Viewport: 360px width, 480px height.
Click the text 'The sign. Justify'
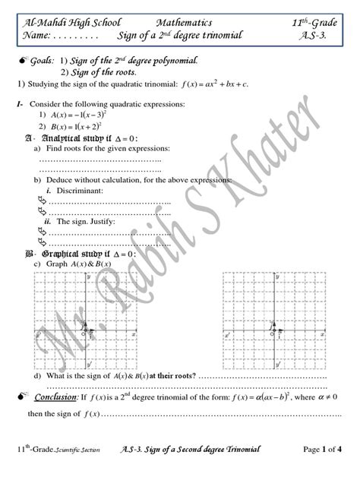point(84,223)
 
